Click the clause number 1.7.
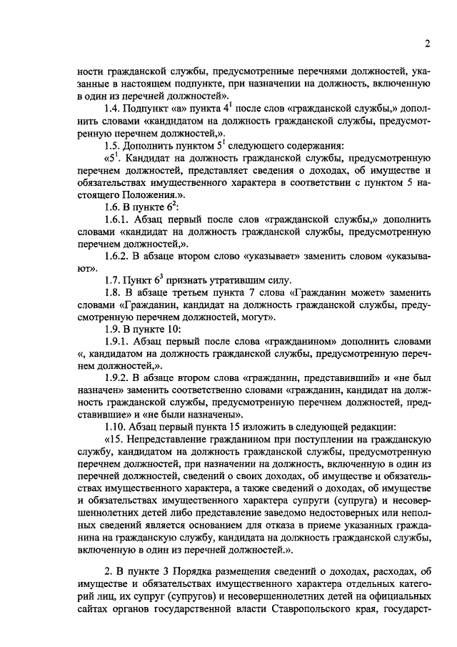point(113,280)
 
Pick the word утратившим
point(223,280)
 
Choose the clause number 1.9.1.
point(118,342)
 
